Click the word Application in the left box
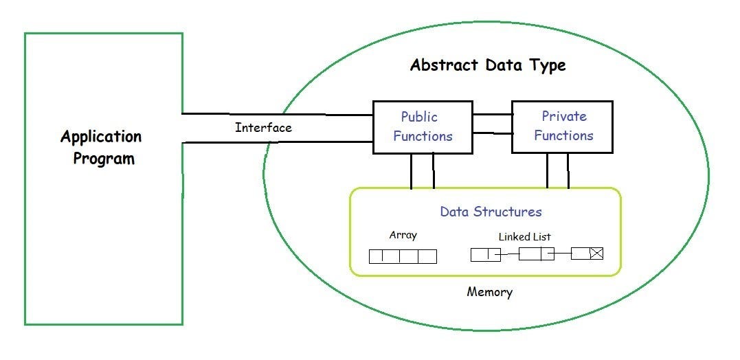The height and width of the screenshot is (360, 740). coord(100,137)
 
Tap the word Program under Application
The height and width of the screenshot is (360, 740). coord(104,159)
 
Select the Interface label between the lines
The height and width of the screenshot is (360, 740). coord(263,128)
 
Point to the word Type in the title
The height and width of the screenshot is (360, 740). coord(547,66)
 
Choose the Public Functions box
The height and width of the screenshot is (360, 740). coord(423,127)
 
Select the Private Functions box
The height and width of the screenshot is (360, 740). coord(563,127)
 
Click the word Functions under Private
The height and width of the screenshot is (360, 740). coord(563,136)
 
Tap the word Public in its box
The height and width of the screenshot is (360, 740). coord(419,117)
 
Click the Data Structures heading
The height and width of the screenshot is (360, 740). coord(491,212)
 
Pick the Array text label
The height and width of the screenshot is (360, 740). coord(403,235)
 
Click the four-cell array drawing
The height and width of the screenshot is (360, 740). coord(403,256)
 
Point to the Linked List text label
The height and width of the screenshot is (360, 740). coord(524,236)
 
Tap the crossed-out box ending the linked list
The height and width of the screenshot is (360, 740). coord(596,254)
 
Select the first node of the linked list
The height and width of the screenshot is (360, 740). coord(485,254)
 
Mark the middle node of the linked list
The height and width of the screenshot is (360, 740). coord(536,254)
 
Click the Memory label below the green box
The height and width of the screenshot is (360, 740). coord(489,292)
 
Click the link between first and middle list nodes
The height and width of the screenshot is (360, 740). coord(510,254)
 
